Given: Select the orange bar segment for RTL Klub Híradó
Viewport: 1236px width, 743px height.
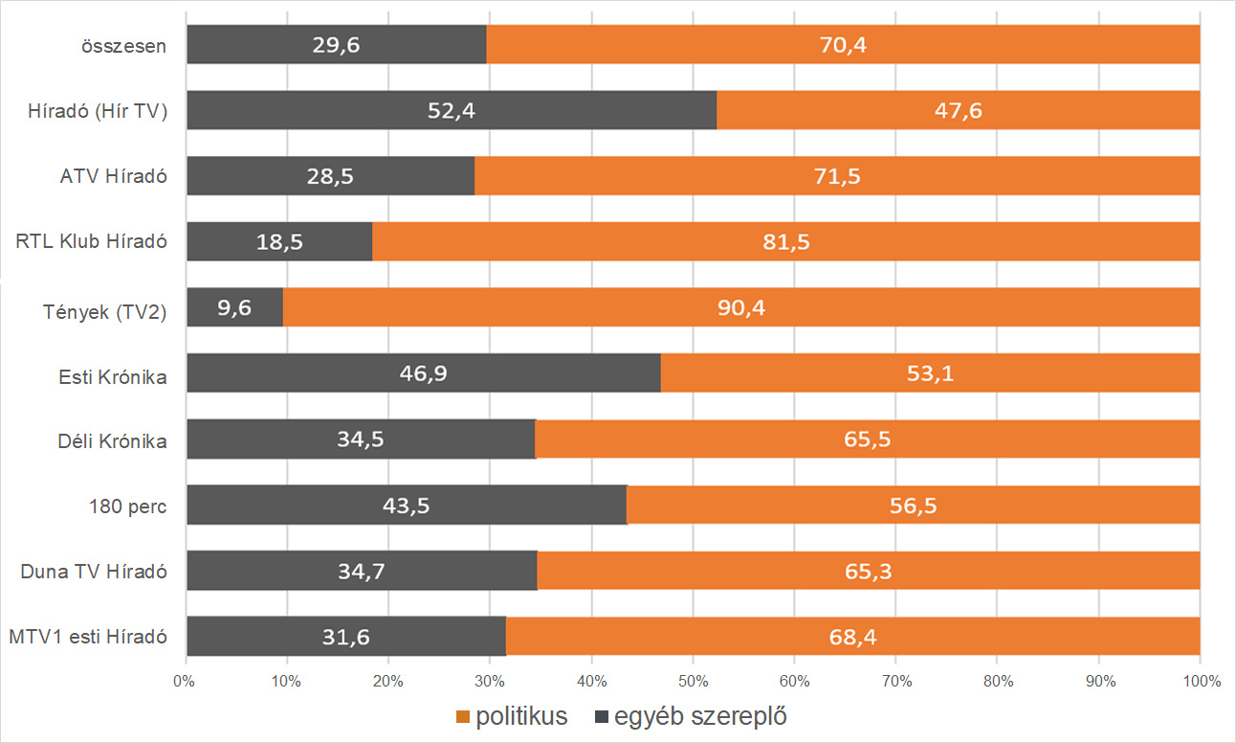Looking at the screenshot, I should (784, 241).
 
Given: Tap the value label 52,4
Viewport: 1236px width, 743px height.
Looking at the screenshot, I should (452, 111).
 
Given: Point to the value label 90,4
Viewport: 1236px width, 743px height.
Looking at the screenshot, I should (742, 307).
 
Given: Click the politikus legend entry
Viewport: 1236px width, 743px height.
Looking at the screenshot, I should (513, 716).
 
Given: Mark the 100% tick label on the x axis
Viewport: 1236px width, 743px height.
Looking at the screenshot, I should (1201, 682).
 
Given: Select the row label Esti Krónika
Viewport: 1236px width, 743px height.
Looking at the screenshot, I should (113, 376).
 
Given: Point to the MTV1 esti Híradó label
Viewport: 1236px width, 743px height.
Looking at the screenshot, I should (88, 637).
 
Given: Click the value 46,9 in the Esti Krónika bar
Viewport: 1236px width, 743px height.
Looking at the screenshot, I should (424, 373).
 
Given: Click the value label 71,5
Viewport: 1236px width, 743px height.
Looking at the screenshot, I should (837, 176).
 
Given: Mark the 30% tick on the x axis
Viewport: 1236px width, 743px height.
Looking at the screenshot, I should (490, 682).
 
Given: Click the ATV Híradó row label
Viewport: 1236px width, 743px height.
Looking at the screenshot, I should (114, 176).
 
